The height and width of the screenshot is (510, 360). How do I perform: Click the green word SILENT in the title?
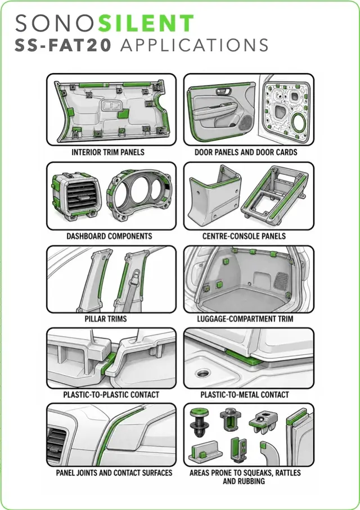point(146,23)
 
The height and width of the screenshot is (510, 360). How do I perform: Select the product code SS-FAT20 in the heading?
point(63,45)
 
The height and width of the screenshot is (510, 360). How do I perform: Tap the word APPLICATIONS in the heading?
point(194,45)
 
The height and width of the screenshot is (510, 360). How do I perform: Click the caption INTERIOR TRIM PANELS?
point(108,152)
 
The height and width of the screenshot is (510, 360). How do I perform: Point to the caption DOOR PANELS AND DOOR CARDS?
point(246,152)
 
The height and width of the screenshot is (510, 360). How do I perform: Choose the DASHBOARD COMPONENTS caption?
point(109,236)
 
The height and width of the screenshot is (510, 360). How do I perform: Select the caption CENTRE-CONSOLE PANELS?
point(244,236)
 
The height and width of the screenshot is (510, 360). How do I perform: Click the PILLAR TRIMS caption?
point(106,319)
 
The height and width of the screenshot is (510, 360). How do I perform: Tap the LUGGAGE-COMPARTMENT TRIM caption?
point(245,319)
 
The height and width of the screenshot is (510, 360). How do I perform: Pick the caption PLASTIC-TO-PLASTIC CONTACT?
point(111,395)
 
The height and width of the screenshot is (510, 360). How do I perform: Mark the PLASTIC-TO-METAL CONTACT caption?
point(245,395)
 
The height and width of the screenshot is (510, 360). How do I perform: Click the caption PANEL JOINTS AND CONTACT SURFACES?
point(114,472)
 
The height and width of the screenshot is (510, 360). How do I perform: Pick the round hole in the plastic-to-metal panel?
point(203,373)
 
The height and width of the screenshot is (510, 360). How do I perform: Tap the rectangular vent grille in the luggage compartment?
point(281,281)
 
